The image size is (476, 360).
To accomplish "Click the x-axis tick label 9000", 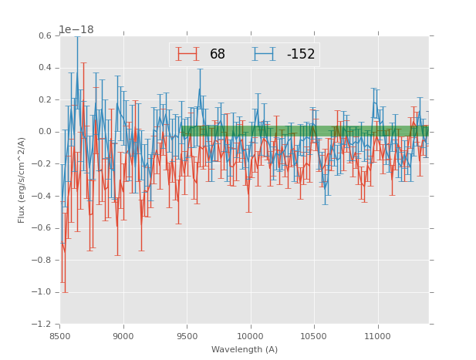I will tap(123, 337).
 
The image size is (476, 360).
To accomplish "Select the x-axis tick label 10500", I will tap(313, 337).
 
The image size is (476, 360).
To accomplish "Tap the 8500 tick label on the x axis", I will tap(60, 337).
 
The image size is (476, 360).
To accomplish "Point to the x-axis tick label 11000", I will tap(377, 337).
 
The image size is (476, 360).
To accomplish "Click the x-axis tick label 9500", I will tap(187, 337).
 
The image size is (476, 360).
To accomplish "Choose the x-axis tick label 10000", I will tap(250, 337).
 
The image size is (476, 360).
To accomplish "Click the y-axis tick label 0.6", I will tap(44, 35).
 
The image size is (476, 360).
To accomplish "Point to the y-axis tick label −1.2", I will tap(42, 325).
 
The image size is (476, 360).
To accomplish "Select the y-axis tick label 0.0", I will tap(44, 132).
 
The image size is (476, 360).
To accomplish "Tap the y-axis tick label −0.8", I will tap(42, 261).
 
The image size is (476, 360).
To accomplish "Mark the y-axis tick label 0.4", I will tap(44, 68).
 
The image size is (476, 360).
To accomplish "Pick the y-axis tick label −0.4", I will tap(42, 196).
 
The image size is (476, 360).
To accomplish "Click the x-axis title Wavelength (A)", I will tap(244, 350).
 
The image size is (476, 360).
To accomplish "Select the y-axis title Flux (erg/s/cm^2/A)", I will tap(22, 180).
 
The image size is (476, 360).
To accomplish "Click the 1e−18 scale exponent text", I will tap(76, 29).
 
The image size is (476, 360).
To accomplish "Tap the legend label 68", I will tap(218, 55).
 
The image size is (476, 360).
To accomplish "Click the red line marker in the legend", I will tap(187, 54).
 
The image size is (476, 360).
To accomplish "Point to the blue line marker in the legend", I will tap(265, 54).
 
